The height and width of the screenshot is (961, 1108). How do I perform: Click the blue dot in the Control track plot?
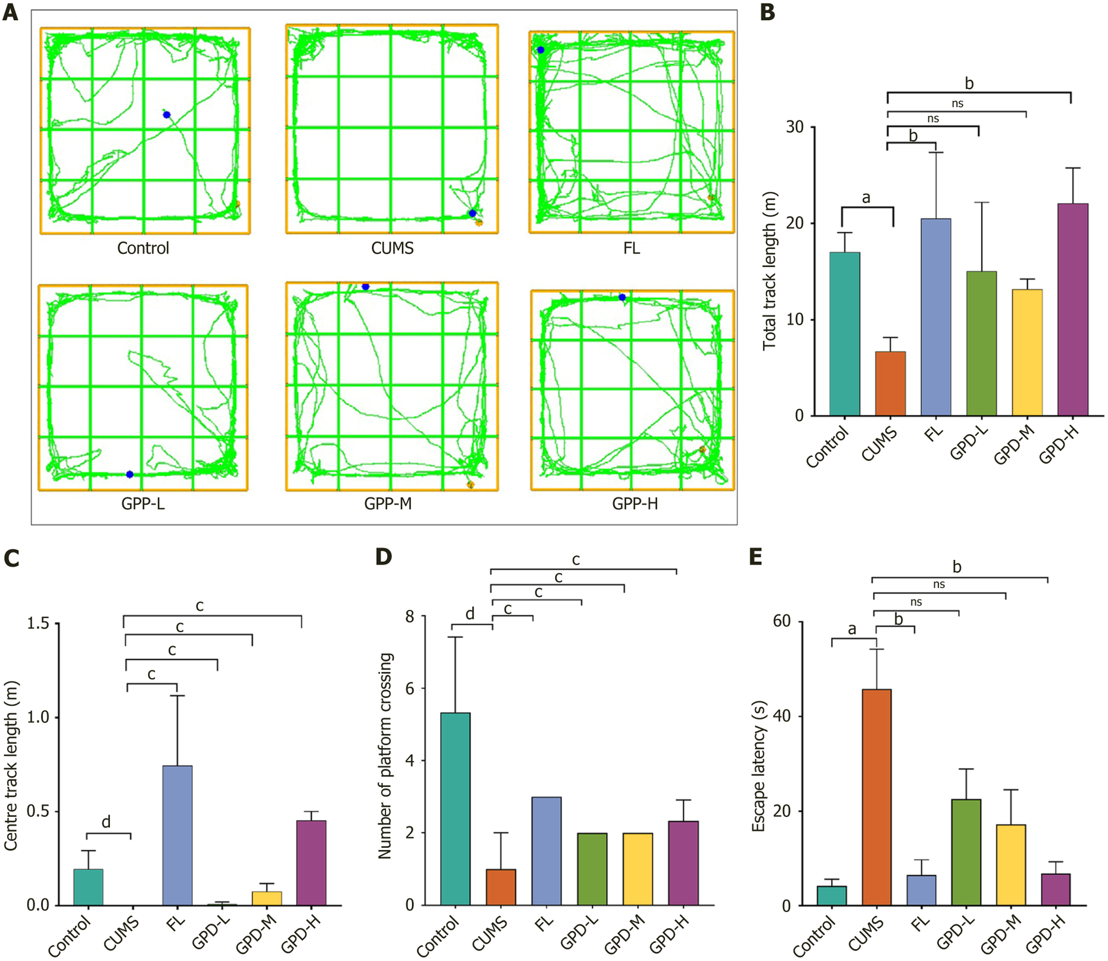point(167,115)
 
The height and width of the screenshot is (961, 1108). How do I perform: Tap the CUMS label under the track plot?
point(392,248)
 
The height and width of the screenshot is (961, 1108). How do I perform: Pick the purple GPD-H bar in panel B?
point(1072,310)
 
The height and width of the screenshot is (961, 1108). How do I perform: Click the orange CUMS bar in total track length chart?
point(890,383)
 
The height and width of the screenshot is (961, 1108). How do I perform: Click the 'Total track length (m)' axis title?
point(769,271)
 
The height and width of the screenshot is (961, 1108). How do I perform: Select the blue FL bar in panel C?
point(177,836)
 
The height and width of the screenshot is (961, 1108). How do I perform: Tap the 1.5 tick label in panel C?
point(39,623)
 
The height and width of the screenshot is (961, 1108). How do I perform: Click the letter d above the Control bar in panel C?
point(106,822)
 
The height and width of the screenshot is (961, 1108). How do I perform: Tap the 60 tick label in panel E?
point(782,621)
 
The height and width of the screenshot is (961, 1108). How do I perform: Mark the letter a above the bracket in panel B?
point(866,198)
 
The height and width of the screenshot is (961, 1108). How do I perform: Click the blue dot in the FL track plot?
point(541,50)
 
